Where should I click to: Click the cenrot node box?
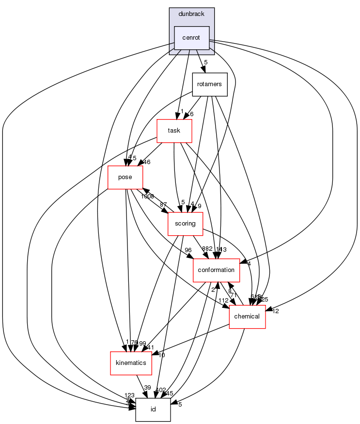tap(191, 38)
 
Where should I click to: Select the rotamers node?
tap(209, 84)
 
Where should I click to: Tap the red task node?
tap(174, 131)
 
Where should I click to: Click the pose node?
tap(125, 177)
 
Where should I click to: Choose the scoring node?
tap(185, 224)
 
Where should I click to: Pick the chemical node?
tap(247, 317)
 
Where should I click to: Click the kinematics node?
tap(131, 363)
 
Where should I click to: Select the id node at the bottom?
tap(153, 409)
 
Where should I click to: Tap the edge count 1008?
tap(147, 197)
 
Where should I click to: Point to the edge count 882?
tap(207, 249)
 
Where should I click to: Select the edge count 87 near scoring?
tap(163, 204)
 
